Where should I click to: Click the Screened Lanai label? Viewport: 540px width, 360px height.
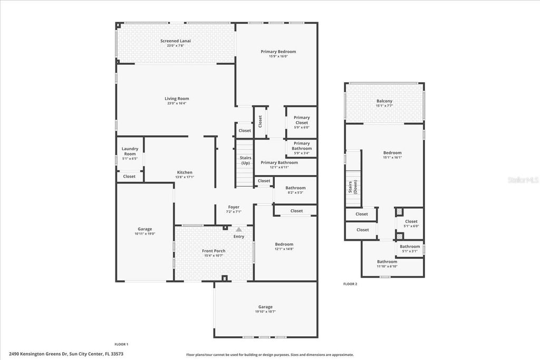(176, 41)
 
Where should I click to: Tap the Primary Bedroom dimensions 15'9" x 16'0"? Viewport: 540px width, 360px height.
(278, 56)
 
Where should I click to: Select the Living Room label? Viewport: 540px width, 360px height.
(176, 99)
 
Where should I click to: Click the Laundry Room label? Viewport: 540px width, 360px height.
(130, 151)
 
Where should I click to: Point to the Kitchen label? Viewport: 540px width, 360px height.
(185, 172)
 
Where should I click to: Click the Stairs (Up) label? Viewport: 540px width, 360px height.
(245, 160)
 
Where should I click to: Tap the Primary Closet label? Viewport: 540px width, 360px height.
(302, 120)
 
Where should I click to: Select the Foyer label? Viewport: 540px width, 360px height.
(234, 207)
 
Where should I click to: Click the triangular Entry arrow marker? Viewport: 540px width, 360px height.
(239, 229)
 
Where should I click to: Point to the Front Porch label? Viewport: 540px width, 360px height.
(214, 251)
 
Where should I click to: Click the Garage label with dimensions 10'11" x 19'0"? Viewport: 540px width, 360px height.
(145, 229)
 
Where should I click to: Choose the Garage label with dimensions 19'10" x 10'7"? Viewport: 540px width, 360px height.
(265, 307)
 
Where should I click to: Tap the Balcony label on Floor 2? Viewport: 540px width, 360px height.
(384, 101)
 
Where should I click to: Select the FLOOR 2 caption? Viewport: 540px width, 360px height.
(350, 284)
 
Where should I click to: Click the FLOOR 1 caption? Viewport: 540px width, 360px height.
(121, 344)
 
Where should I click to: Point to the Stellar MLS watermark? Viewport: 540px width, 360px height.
(523, 180)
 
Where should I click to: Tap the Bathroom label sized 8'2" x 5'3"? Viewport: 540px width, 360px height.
(295, 188)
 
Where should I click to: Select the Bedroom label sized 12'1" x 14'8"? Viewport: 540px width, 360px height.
(284, 244)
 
